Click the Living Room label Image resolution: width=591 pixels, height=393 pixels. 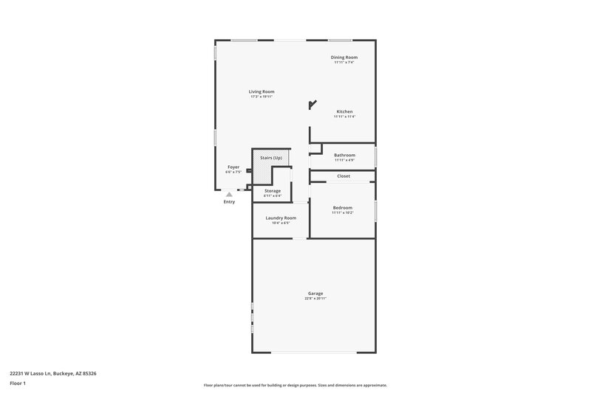tap(262, 91)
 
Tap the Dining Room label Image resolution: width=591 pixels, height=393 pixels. tap(344, 57)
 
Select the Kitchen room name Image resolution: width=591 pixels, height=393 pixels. tap(344, 111)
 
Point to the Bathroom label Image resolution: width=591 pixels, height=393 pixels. tap(344, 155)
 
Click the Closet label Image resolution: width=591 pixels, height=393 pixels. tap(344, 176)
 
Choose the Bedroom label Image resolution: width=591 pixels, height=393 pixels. tap(342, 207)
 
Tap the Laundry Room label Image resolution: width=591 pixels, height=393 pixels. tap(281, 218)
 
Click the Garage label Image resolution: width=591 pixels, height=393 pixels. tap(315, 293)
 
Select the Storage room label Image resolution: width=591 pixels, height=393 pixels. tap(273, 191)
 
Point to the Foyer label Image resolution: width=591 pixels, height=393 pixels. tap(233, 167)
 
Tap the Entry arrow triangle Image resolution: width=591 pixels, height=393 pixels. tap(229, 195)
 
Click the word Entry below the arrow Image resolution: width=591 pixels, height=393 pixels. tap(229, 201)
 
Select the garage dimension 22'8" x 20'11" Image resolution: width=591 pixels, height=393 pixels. tap(315, 299)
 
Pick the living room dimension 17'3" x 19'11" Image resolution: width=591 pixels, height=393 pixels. tap(262, 97)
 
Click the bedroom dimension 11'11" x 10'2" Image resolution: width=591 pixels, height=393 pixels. tap(342, 212)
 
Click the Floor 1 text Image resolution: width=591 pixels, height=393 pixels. tap(18, 383)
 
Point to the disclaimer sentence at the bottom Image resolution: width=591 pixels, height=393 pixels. tap(295, 385)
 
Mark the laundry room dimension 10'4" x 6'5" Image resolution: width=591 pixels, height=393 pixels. tap(281, 223)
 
